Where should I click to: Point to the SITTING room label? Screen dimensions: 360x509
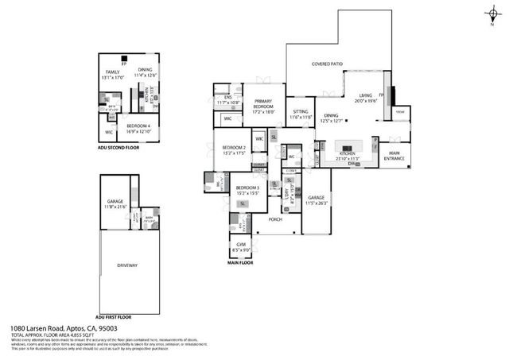point(300,111)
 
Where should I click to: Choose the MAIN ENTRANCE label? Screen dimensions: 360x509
point(394,156)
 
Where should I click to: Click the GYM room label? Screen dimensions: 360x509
point(241,244)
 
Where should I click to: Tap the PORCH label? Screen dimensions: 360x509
point(275,219)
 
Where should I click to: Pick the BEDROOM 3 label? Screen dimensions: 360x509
point(247,188)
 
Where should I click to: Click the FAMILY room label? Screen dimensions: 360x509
point(113,72)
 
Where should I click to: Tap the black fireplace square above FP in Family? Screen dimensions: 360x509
point(123,58)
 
